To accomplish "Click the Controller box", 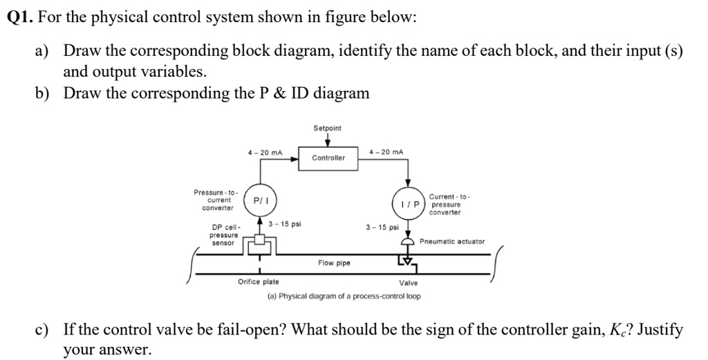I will click(x=328, y=158).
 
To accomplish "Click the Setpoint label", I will click(x=327, y=129).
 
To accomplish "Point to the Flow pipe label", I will click(x=334, y=263).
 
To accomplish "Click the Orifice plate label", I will click(x=259, y=282).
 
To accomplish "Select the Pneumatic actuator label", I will click(x=452, y=242).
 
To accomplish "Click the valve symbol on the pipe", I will click(x=407, y=260).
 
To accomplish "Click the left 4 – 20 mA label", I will click(x=265, y=152).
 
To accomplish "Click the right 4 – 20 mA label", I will click(x=387, y=152).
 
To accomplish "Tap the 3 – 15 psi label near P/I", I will click(x=284, y=224).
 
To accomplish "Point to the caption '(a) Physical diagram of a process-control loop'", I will click(x=344, y=296).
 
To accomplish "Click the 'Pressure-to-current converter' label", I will click(x=216, y=200).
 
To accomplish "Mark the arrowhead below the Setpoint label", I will click(x=327, y=143).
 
